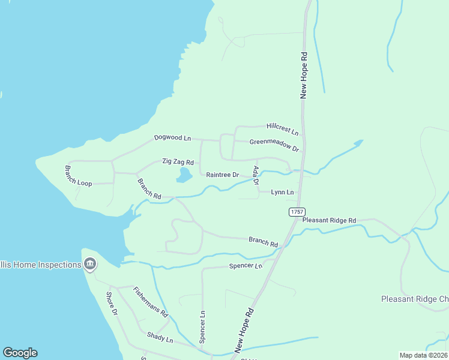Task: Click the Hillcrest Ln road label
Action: point(282,128)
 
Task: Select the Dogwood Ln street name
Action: point(172,138)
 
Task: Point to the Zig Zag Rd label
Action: point(178,162)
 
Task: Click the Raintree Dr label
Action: point(223,175)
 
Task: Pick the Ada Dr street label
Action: point(256,175)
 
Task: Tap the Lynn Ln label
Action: point(282,192)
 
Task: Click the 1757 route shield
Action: point(297,212)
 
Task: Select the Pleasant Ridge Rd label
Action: point(329,220)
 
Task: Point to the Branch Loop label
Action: point(79,176)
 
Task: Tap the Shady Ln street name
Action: point(160,340)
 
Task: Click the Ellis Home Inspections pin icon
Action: point(90,263)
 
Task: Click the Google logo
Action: point(20,353)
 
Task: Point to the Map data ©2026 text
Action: point(423,355)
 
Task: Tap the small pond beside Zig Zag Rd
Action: point(184,175)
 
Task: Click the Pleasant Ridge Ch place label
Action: point(415,299)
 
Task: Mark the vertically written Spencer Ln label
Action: point(203,326)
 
